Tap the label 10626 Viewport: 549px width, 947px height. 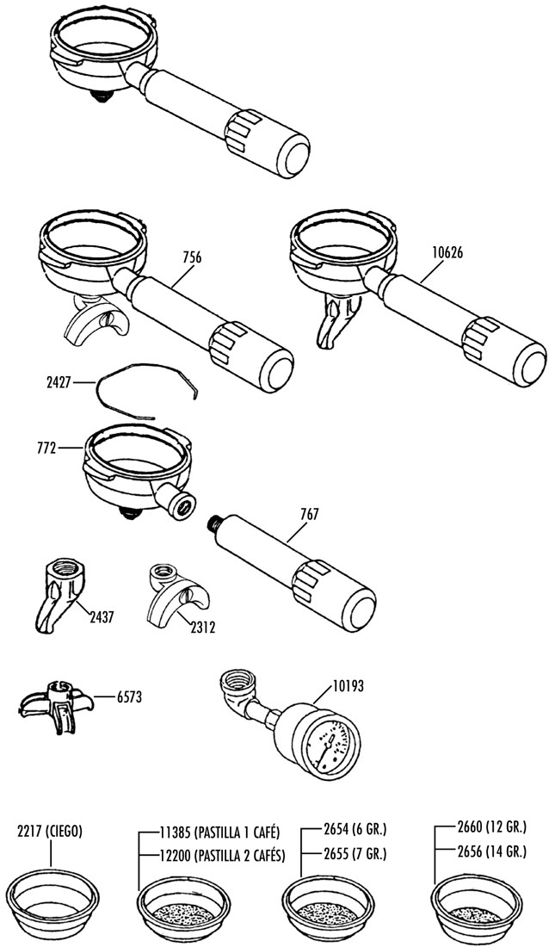pyautogui.click(x=447, y=254)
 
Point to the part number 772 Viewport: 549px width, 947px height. pyautogui.click(x=46, y=449)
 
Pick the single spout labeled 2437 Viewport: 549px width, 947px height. pyautogui.click(x=59, y=596)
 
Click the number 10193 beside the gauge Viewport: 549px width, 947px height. pyautogui.click(x=348, y=687)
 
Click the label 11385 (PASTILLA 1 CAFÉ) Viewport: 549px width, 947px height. pyautogui.click(x=219, y=832)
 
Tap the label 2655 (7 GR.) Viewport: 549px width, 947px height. pyautogui.click(x=355, y=855)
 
